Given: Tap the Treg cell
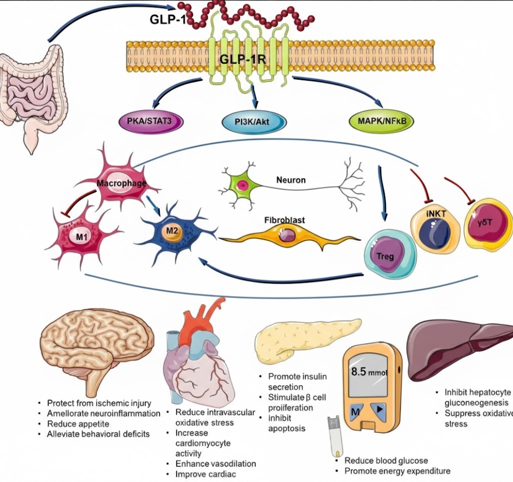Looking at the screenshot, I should coord(385,255).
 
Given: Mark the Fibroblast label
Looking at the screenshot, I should coord(284,219).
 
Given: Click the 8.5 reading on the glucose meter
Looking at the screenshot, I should coord(359,372).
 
